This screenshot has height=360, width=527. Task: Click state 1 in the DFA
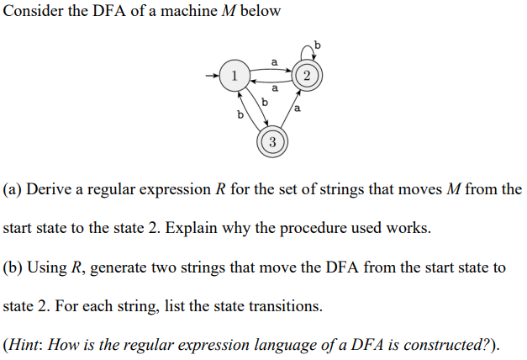233,76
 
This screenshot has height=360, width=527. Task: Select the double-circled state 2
307,76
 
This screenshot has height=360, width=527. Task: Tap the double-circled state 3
271,140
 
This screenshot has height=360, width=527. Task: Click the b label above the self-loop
317,43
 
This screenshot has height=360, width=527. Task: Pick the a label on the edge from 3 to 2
298,108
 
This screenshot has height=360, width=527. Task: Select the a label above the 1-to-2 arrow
274,60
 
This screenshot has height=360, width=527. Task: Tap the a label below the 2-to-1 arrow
274,87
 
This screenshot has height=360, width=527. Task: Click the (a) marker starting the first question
13,189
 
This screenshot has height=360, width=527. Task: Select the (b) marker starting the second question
13,267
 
